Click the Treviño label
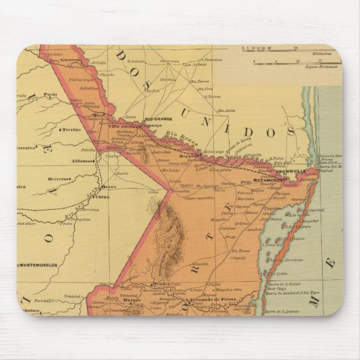coord(71,128)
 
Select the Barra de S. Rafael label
coord(283,285)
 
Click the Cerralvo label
coord(27,145)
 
